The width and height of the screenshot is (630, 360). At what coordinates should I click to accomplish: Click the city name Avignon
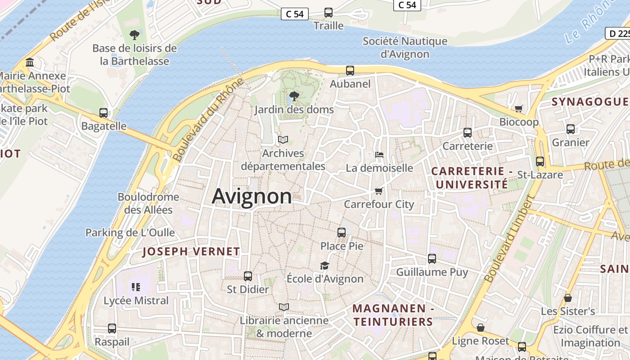[252, 197]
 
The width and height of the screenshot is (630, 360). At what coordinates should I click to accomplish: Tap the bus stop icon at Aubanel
[350, 71]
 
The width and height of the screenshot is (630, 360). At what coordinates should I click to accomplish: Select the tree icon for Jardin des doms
[294, 96]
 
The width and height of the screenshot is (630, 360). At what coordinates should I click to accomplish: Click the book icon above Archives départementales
[283, 140]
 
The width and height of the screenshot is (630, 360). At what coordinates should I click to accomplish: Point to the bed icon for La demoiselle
[379, 155]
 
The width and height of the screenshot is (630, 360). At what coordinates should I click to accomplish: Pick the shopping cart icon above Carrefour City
[379, 191]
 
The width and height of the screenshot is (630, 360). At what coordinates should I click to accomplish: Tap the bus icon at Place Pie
[342, 233]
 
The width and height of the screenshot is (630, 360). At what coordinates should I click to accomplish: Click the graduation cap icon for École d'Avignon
[324, 265]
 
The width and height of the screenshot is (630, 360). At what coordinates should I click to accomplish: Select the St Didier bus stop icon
[248, 276]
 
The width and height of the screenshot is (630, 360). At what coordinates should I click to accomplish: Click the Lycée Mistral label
[136, 301]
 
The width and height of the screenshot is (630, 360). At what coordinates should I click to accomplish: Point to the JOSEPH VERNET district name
[191, 252]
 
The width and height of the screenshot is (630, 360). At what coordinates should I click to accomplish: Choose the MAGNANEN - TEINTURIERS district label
[392, 315]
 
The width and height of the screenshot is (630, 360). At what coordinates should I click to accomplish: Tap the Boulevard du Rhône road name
[208, 120]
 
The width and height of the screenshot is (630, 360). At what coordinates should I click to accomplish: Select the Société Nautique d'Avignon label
[405, 48]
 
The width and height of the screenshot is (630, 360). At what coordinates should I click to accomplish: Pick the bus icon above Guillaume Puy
[432, 259]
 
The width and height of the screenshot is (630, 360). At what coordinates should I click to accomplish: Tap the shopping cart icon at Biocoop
[519, 108]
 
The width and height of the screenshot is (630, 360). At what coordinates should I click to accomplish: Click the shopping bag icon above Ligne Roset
[481, 328]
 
